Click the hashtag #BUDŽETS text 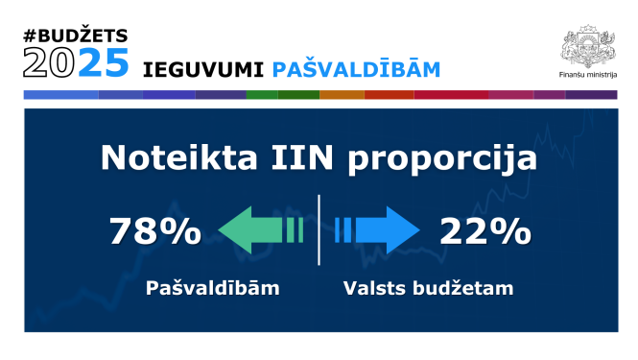(76, 36)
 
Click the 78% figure (154, 231)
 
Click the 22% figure (484, 231)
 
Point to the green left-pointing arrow (259, 231)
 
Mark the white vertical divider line (319, 229)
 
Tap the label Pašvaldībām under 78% (212, 287)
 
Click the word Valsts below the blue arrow (375, 287)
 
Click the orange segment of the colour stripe (342, 95)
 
